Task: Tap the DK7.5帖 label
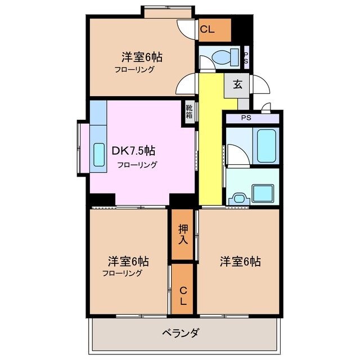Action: click(x=133, y=151)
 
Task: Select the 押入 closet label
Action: click(x=183, y=233)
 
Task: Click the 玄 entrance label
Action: click(x=237, y=85)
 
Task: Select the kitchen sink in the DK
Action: click(x=99, y=154)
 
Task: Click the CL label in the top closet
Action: click(x=206, y=30)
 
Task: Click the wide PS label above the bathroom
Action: click(x=246, y=118)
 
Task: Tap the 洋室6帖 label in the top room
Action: click(x=142, y=57)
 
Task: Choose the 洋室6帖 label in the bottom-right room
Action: click(x=240, y=262)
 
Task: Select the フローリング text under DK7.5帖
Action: click(x=137, y=165)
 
